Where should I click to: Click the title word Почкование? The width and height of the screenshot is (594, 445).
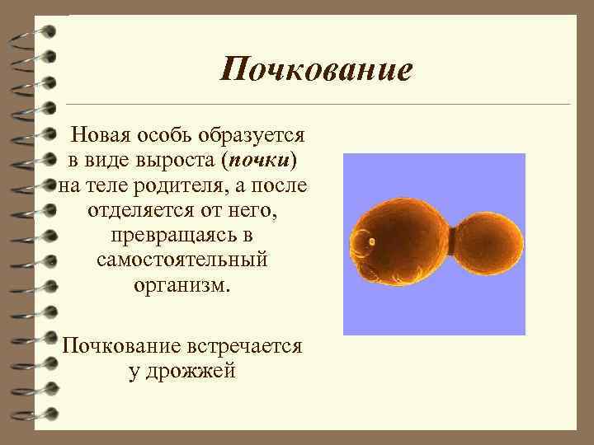pyautogui.click(x=316, y=69)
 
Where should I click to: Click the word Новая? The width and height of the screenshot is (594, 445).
pyautogui.click(x=103, y=133)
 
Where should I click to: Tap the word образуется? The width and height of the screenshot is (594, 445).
pyautogui.click(x=256, y=133)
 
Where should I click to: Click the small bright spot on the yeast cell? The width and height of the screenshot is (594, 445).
pyautogui.click(x=371, y=241)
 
